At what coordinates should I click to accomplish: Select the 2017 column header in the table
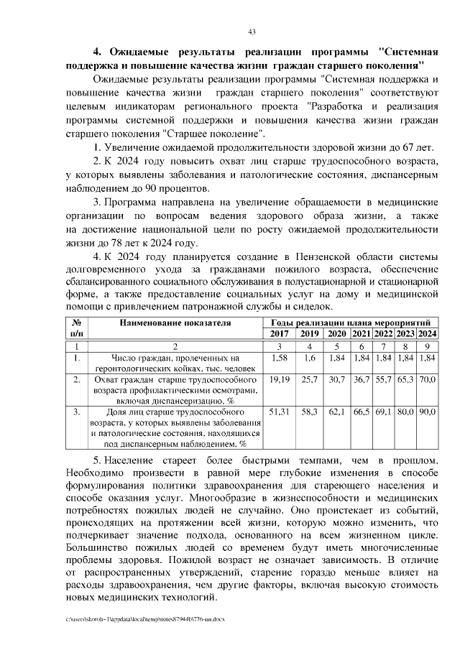(x=277, y=334)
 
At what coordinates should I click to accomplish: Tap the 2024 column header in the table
(x=428, y=334)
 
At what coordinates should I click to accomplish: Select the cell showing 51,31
(x=277, y=413)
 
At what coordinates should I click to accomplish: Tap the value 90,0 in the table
(x=428, y=413)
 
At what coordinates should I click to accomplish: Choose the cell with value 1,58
(x=277, y=358)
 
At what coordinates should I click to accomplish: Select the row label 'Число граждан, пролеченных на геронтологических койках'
(x=175, y=363)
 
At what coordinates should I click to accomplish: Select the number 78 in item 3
(x=116, y=244)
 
